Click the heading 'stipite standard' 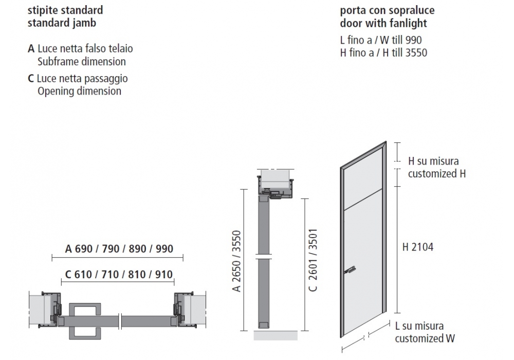pos(65,10)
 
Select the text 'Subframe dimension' pos(82,62)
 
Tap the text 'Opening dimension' pos(79,91)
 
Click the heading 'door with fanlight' pos(383,23)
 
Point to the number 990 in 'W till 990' pos(413,40)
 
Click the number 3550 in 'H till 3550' pos(416,53)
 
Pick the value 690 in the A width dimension pos(84,249)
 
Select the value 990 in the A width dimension pos(164,249)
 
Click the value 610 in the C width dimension pos(83,274)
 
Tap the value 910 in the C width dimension pos(163,274)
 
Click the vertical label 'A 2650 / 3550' pos(236,261)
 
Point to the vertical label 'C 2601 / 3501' pos(313,260)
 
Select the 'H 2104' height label pos(418,247)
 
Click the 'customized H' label pos(437,173)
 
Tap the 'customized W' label pos(425,338)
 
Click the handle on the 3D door pos(350,270)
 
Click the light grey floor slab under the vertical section pos(276,335)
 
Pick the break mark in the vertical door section pos(264,257)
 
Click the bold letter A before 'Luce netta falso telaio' pos(31,49)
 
